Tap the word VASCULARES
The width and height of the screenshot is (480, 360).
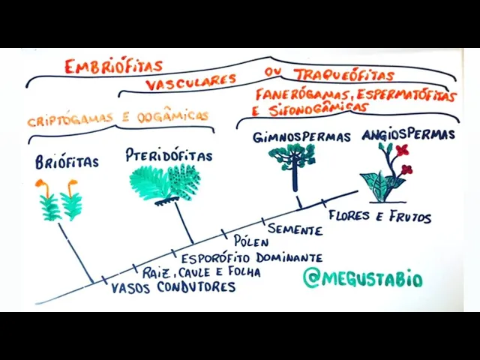coord(191,80)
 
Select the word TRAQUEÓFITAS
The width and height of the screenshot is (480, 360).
coord(343,75)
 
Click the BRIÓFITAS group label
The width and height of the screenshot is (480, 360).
coord(67,162)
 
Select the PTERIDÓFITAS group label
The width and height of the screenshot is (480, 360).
coord(169,155)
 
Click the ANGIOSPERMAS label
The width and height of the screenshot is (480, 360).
coord(408,134)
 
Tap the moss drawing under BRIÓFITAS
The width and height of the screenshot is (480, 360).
coord(61,201)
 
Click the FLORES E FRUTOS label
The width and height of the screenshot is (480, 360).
coord(379,216)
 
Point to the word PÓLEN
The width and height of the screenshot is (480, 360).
coord(251,241)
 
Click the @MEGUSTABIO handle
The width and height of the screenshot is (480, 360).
coord(362,279)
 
